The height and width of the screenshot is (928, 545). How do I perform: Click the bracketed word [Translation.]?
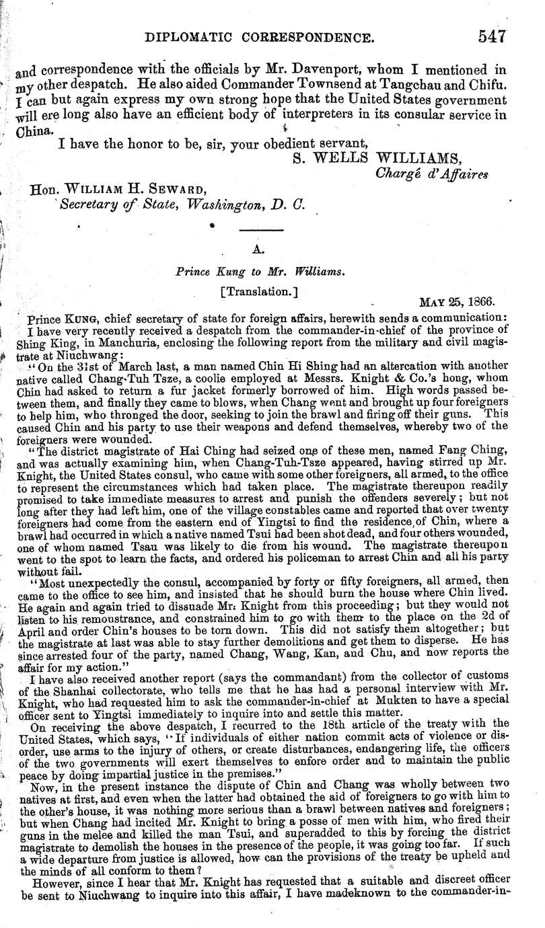(255, 293)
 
